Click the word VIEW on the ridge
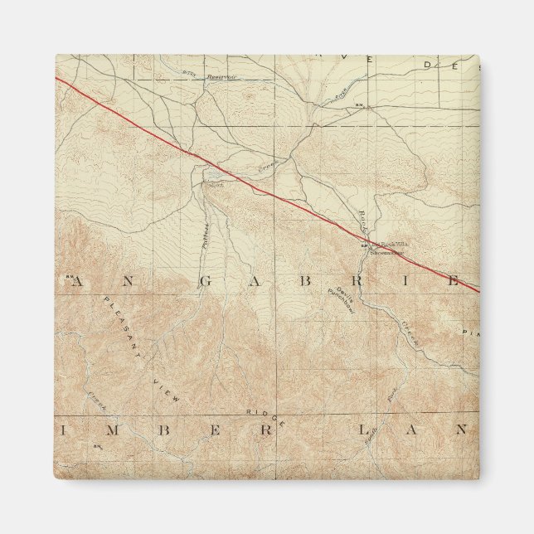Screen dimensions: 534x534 [x=168, y=387]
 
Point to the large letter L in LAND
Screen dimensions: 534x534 [x=363, y=429]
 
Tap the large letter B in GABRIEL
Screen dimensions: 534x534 [x=306, y=280]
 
